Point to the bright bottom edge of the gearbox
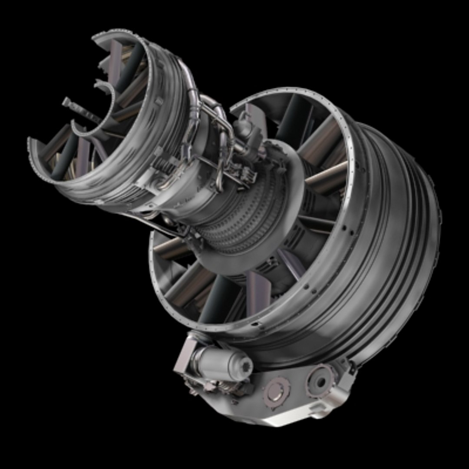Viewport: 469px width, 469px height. click(x=278, y=419)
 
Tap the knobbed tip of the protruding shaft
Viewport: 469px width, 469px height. click(x=66, y=102)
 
